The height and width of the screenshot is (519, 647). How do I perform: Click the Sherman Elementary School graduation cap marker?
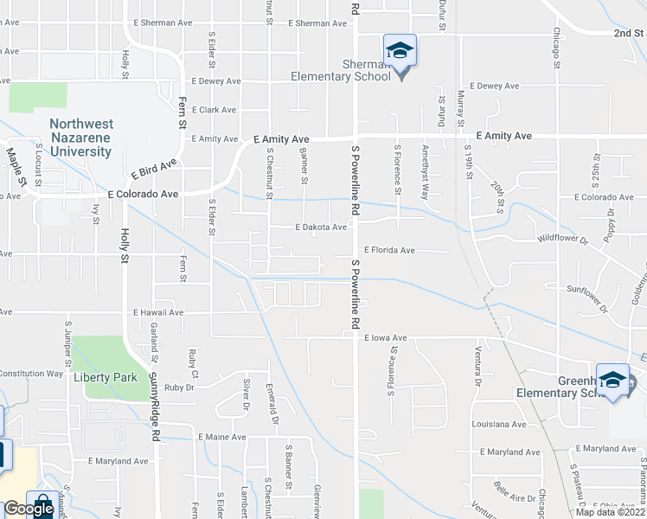400,51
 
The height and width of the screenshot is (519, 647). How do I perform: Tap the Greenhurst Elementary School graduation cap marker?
613,380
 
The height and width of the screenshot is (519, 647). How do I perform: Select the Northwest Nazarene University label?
80,138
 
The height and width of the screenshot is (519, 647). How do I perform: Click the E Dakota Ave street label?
321,227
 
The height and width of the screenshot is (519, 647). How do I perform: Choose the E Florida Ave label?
389,250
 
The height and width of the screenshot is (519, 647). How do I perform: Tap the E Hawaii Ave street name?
158,312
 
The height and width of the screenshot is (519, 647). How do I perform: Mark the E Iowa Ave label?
385,337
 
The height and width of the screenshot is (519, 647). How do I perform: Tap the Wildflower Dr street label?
562,238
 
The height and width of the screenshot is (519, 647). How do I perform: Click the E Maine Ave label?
222,437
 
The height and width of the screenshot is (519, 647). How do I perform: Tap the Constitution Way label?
31,374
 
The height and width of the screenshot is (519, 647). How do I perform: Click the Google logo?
29,509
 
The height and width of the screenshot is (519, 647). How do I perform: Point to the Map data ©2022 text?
609,512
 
